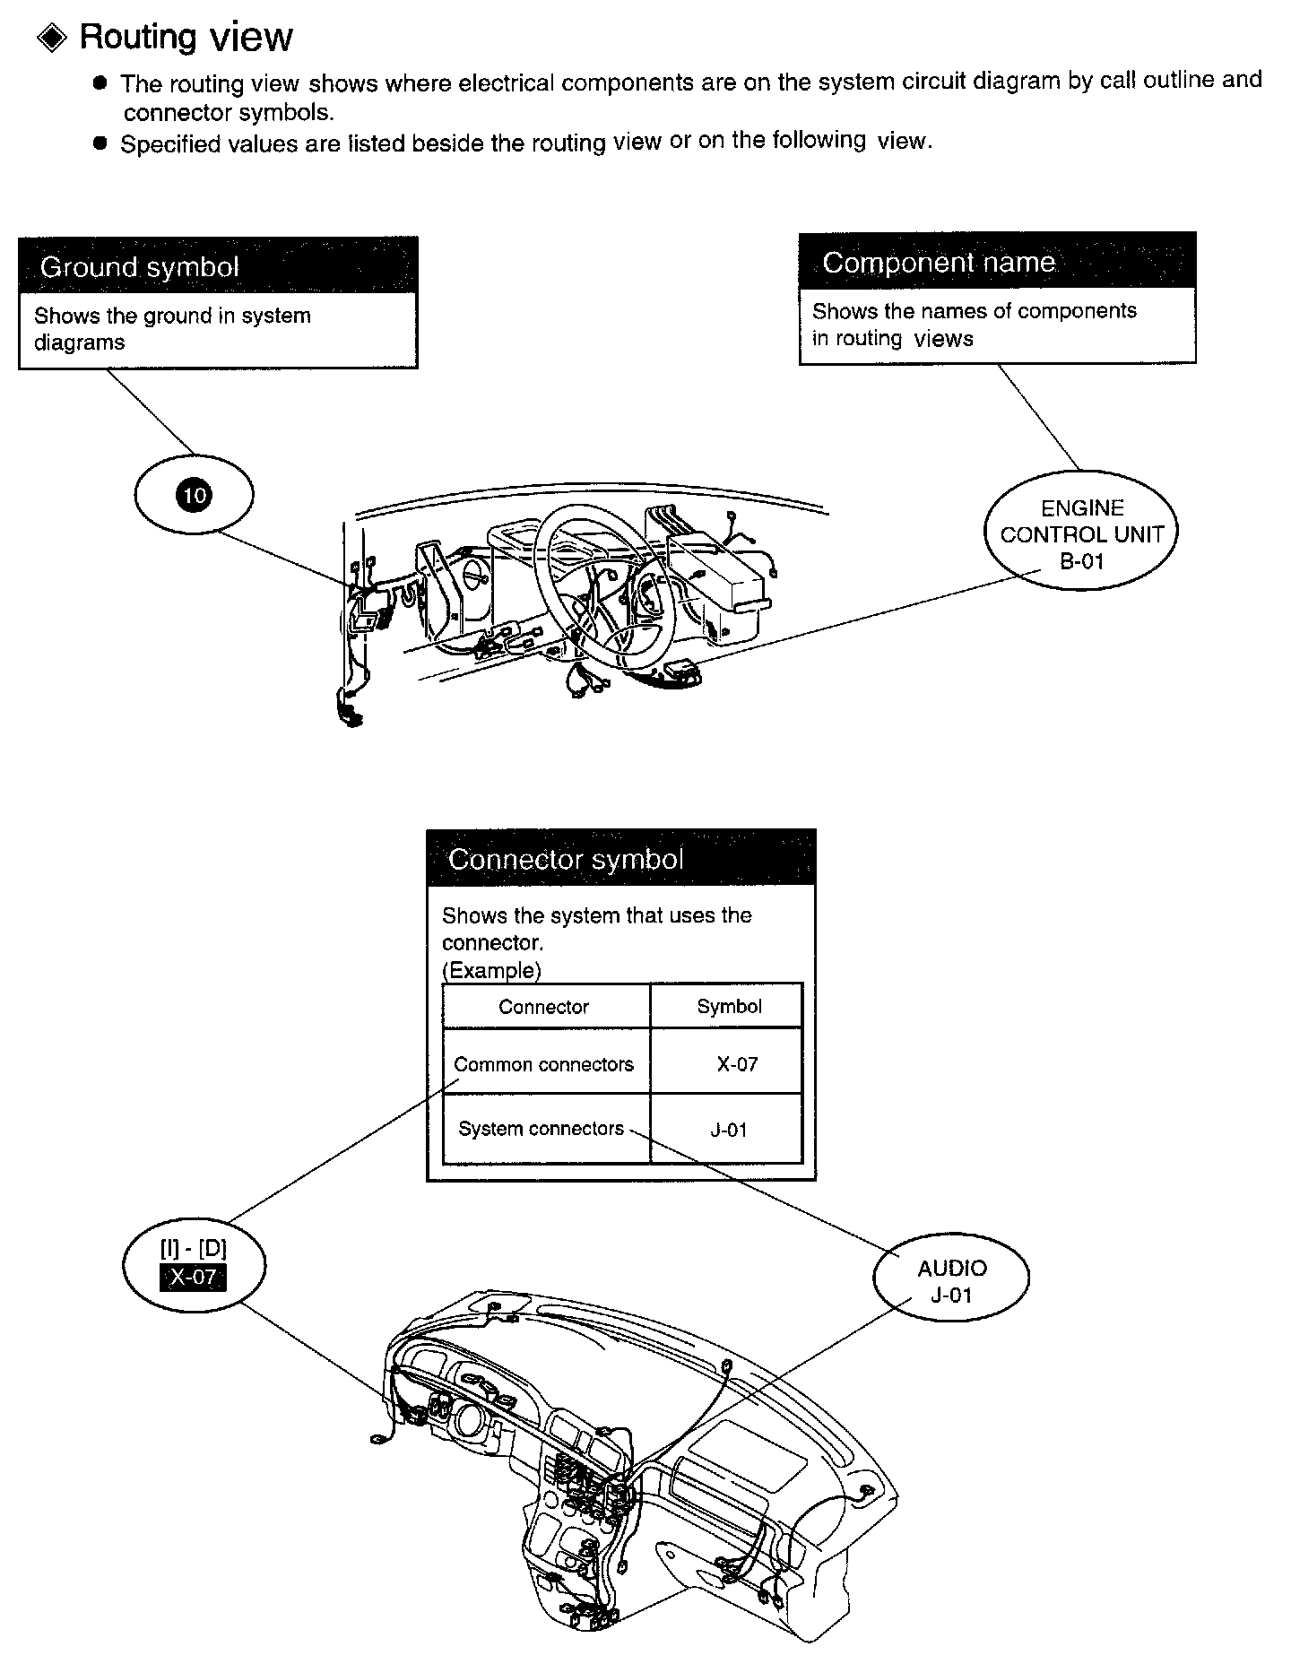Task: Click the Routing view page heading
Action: pyautogui.click(x=186, y=38)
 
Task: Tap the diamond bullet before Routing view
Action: pyautogui.click(x=52, y=38)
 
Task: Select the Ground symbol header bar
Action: pyautogui.click(x=218, y=266)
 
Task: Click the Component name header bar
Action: pyautogui.click(x=997, y=261)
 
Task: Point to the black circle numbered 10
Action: pyautogui.click(x=194, y=495)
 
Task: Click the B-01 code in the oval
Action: pyautogui.click(x=1081, y=562)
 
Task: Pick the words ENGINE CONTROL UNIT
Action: pyautogui.click(x=1081, y=522)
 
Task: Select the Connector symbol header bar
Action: pyautogui.click(x=620, y=859)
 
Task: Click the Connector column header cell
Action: pyautogui.click(x=544, y=1007)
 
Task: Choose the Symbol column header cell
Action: pyautogui.click(x=729, y=1007)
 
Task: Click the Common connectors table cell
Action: pyautogui.click(x=544, y=1064)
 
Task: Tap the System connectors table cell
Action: pyautogui.click(x=542, y=1129)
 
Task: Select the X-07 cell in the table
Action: pyautogui.click(x=737, y=1064)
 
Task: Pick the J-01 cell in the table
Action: pyautogui.click(x=728, y=1130)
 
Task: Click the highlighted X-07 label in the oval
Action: pyautogui.click(x=193, y=1277)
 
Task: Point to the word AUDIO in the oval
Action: pyautogui.click(x=951, y=1269)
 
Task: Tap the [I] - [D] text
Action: pyautogui.click(x=193, y=1249)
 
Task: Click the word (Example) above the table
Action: pyautogui.click(x=491, y=970)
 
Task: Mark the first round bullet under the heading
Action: pyautogui.click(x=100, y=83)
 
